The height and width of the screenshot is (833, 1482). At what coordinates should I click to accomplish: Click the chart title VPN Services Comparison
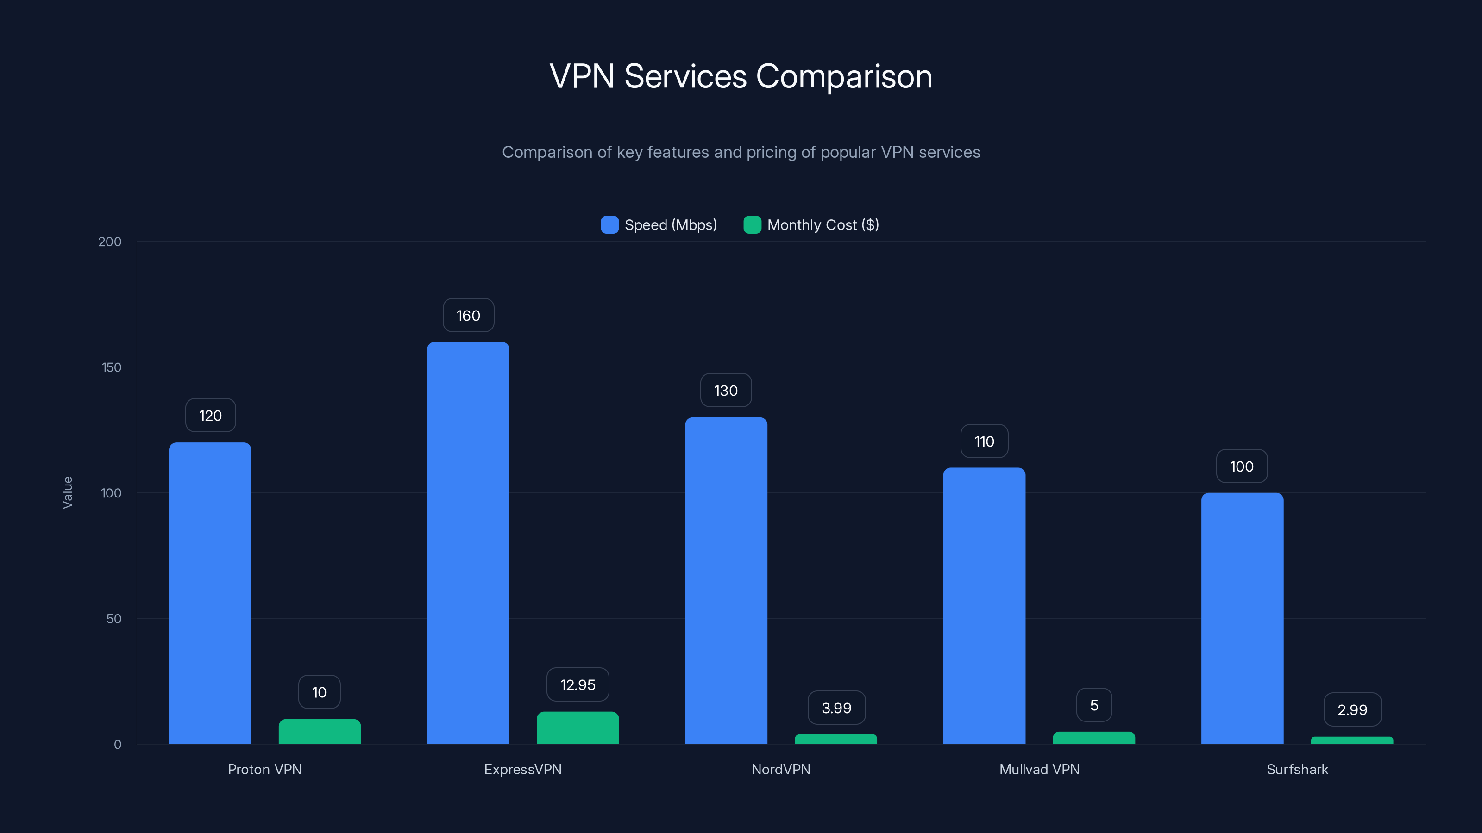pos(741,76)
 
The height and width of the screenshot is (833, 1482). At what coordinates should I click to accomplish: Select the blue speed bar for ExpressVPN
pos(468,543)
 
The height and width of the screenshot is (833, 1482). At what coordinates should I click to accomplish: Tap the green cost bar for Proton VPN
pos(319,731)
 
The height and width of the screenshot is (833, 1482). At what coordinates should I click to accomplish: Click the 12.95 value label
pos(578,685)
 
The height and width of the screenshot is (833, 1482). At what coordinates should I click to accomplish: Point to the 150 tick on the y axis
pos(112,367)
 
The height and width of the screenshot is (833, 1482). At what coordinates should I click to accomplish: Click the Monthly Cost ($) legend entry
pos(811,225)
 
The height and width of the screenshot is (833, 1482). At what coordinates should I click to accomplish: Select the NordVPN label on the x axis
pos(781,769)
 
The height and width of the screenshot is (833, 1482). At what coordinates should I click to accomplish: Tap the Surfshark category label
pos(1297,769)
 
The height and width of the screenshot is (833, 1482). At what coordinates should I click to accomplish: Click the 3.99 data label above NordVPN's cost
pos(836,708)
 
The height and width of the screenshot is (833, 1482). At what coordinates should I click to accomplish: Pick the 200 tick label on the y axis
pos(109,242)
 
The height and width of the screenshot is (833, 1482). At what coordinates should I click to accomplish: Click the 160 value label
pos(468,316)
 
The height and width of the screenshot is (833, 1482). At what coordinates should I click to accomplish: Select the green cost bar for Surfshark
pos(1351,740)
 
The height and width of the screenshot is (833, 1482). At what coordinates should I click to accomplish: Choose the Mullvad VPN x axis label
pos(1039,769)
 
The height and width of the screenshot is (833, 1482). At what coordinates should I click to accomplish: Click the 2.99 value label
pos(1352,710)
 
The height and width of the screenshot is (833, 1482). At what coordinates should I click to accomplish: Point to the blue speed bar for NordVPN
pos(725,581)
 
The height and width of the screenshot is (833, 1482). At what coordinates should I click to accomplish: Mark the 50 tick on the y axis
pos(114,619)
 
